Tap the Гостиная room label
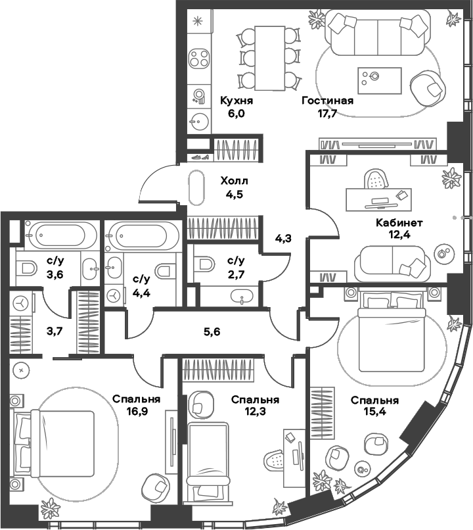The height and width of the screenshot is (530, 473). coord(327,101)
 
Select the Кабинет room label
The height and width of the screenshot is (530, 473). coord(399,222)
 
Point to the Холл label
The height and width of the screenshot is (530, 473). coord(235,180)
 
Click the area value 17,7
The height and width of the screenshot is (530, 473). coord(327,113)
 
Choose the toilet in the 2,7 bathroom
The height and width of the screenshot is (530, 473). coord(204,264)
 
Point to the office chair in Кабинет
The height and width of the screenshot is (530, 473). coord(375,180)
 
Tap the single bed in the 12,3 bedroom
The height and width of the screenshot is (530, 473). coord(208,461)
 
